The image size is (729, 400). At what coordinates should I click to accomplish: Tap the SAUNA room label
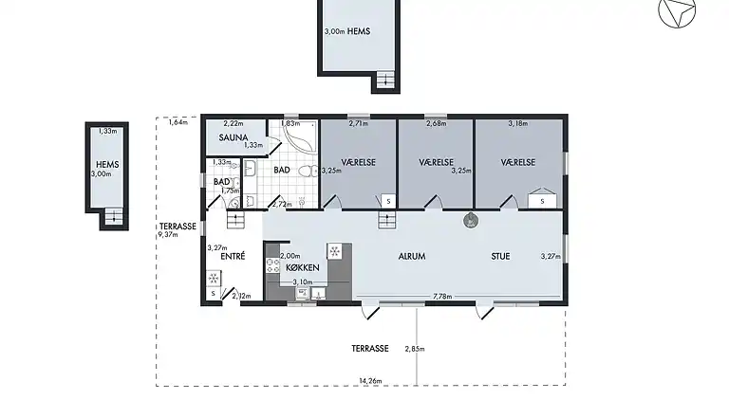233,137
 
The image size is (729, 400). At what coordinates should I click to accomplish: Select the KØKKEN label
303,268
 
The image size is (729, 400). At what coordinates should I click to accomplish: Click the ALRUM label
411,256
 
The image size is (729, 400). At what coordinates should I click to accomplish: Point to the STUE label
500,256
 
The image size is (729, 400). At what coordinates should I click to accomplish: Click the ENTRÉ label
233,256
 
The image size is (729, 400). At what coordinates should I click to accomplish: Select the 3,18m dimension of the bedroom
518,123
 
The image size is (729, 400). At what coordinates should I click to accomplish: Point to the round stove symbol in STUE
470,221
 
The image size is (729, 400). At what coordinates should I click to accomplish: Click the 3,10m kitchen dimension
303,282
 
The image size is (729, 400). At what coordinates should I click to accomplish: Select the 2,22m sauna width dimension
233,124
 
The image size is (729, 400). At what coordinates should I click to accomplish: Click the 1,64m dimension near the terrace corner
178,122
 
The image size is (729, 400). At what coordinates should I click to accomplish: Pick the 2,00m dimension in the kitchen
290,256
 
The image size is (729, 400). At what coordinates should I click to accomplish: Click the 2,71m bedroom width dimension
358,123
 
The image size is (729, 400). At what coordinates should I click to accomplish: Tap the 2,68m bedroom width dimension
436,123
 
